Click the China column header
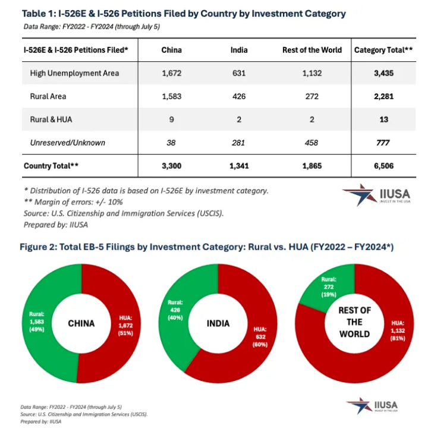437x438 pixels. tap(172, 50)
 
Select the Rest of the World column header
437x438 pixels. tap(312, 50)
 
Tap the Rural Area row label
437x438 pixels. tap(48, 96)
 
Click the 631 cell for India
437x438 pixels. tap(239, 73)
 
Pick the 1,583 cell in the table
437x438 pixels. tap(172, 96)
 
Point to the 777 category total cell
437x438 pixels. tap(383, 143)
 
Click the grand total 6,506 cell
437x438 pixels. tap(383, 166)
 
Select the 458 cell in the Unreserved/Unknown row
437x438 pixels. tap(312, 143)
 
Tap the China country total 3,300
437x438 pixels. tap(172, 166)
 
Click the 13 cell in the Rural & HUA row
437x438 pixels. tap(383, 119)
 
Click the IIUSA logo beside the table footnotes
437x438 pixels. tap(376, 195)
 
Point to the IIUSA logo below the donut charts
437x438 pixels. tap(372, 405)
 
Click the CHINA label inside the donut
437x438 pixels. tap(81, 323)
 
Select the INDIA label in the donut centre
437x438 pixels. tap(218, 323)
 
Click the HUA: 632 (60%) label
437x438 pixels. tap(260, 337)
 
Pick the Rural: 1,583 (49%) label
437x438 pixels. tap(37, 322)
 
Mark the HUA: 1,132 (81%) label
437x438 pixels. tap(398, 331)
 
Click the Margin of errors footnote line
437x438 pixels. tap(73, 202)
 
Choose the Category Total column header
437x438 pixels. tap(383, 50)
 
